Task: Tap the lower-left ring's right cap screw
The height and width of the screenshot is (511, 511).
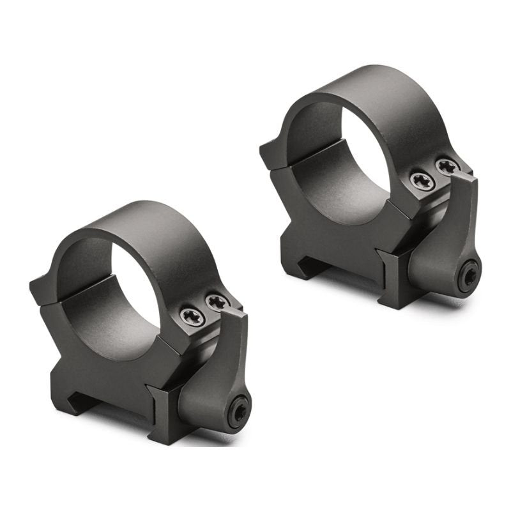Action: coord(218,301)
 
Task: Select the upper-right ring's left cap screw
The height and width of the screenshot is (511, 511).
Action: coord(422,181)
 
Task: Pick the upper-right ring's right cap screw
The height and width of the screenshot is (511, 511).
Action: coord(447,167)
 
